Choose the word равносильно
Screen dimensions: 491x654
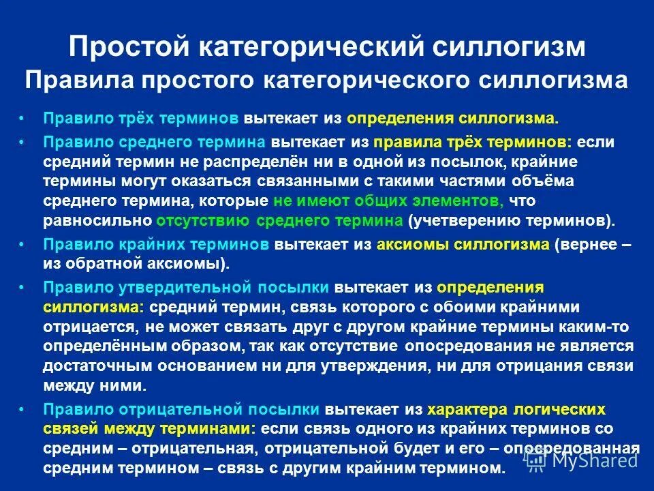coord(97,220)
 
